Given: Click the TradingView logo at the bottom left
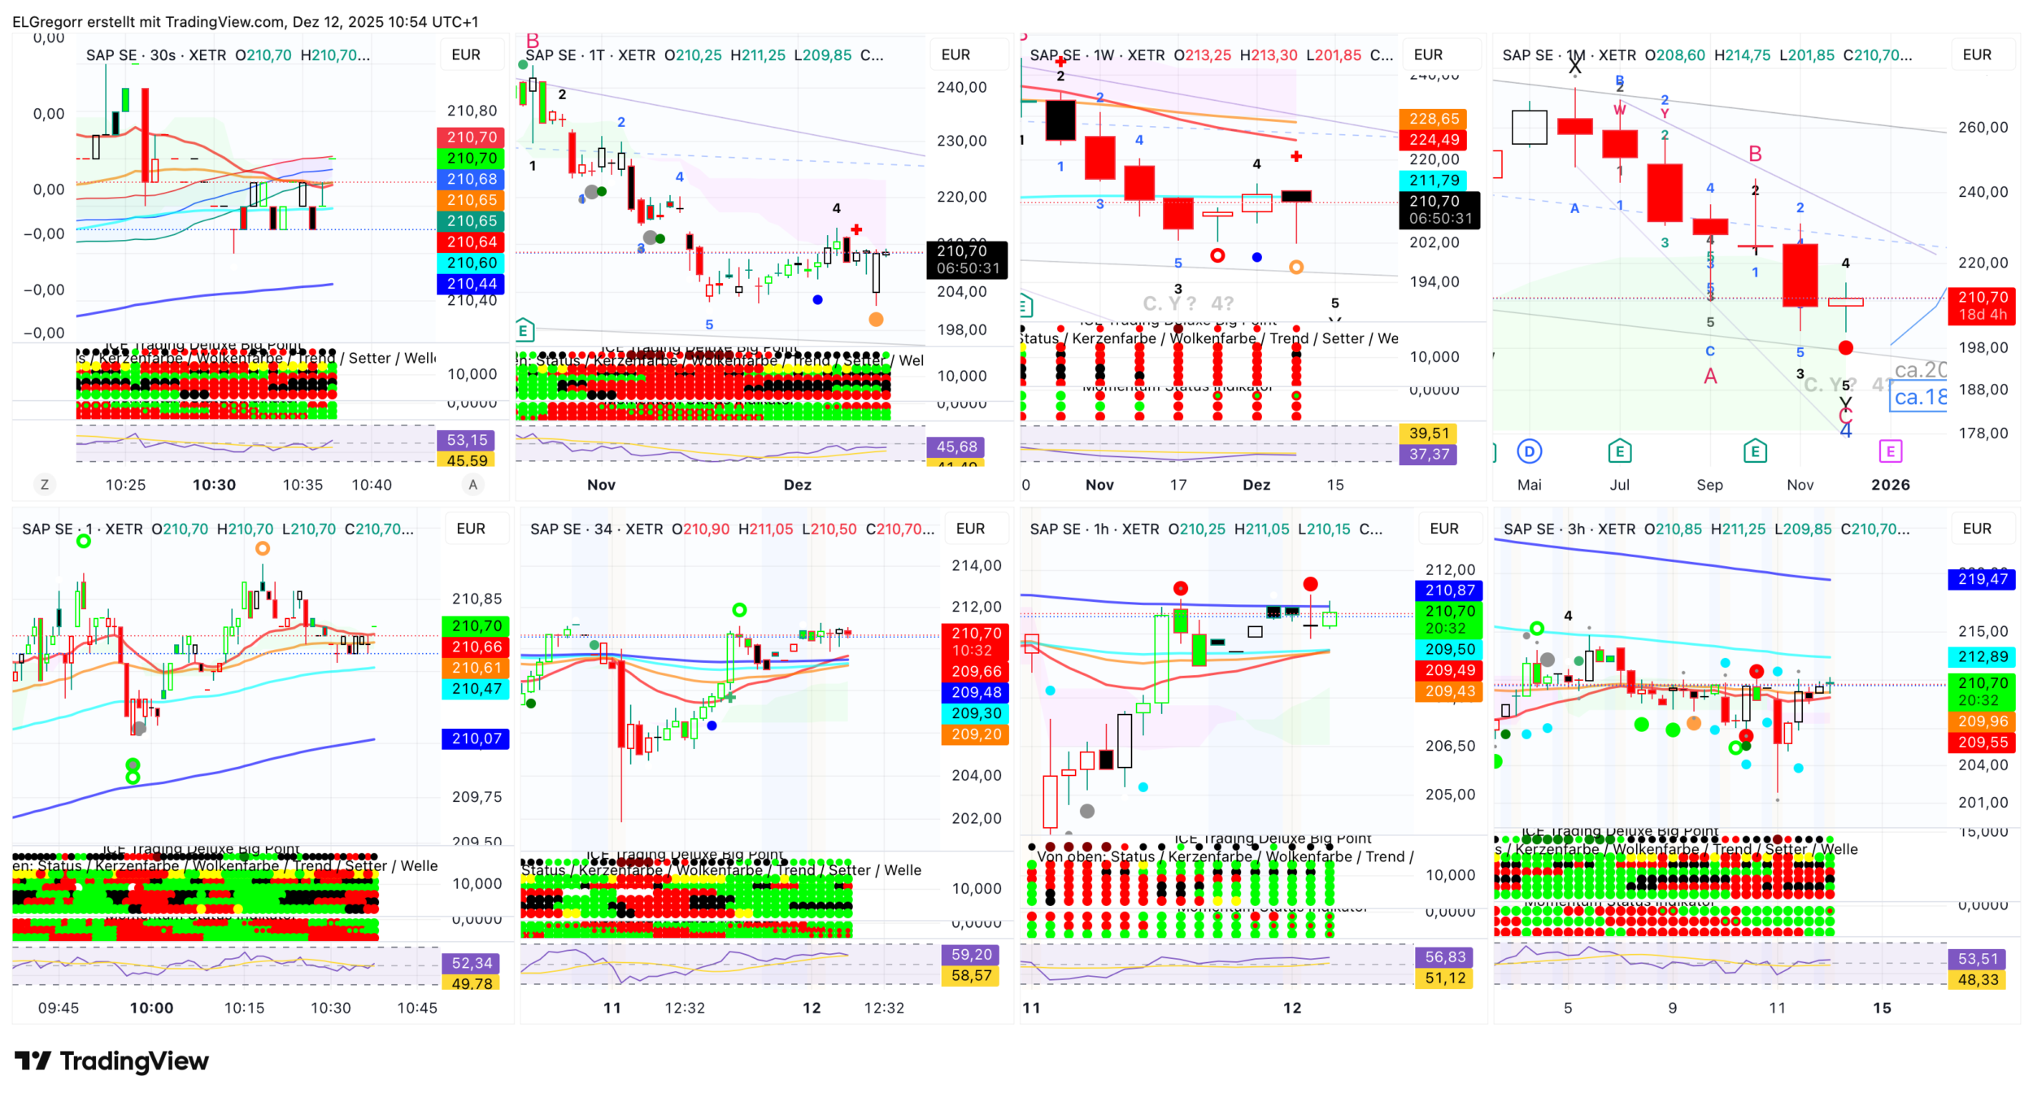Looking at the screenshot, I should pos(111,1061).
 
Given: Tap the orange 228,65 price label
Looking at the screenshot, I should pos(1434,119).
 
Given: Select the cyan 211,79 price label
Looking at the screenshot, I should pos(1434,181).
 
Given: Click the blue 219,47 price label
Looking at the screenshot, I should pos(1982,579).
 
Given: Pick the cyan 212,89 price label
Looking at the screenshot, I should pos(1982,656).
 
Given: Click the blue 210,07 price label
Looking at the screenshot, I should pos(476,739).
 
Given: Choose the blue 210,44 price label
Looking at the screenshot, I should pos(471,284).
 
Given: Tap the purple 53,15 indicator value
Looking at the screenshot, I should pos(467,440).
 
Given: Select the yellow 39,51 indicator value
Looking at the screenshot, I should pos(1428,434).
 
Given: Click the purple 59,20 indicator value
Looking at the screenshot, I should pos(971,954).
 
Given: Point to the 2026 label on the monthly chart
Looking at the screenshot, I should pos(1890,485).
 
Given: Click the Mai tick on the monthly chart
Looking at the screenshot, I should pos(1529,485).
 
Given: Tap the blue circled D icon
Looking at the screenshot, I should pos(1529,451).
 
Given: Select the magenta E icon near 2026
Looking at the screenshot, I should pos(1890,451).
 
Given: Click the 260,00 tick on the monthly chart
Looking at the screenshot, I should pos(1983,127).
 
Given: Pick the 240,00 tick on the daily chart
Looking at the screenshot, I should pos(961,87).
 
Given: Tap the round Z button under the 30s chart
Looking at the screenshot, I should pos(45,485).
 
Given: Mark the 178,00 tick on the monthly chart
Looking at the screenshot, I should pos(1983,434).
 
